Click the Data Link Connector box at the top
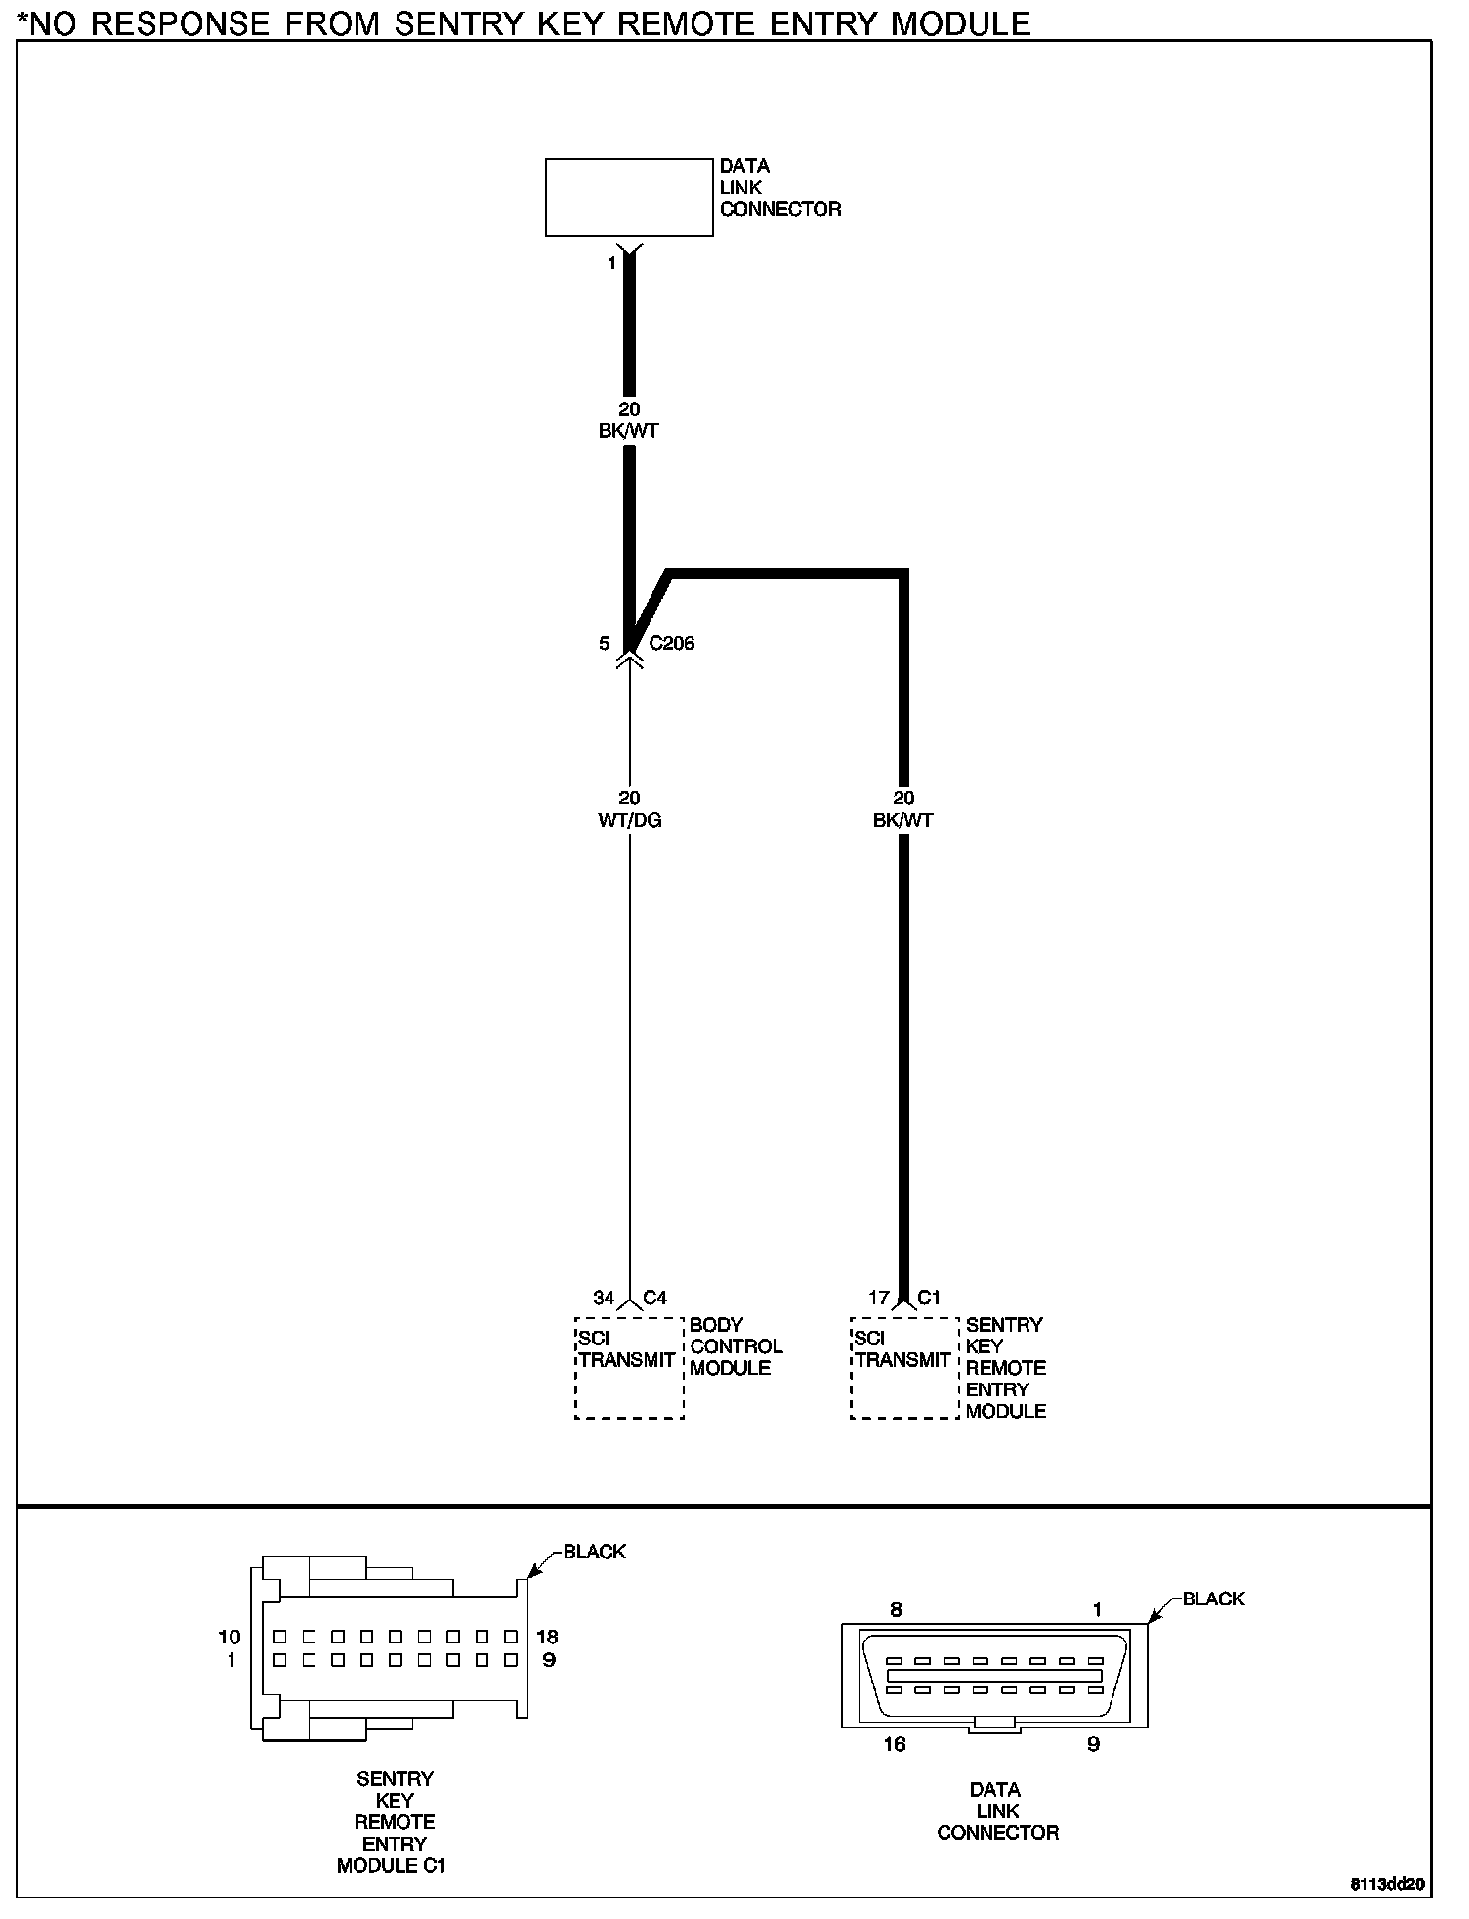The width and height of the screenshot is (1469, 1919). pos(629,197)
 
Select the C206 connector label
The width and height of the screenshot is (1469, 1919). pos(672,643)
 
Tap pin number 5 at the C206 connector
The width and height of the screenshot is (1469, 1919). pos(605,643)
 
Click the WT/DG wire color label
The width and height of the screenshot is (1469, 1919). pos(630,820)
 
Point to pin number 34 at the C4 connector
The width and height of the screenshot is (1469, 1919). pos(604,1298)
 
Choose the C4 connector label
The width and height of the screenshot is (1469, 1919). pos(655,1298)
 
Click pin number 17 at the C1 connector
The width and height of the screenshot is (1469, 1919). pos(879,1298)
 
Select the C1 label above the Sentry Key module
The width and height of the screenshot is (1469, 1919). pos(929,1298)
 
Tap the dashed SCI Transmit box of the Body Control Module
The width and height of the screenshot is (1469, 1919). pos(629,1368)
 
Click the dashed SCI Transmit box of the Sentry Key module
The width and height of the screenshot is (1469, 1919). pos(904,1368)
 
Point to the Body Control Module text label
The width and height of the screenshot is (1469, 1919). pos(735,1346)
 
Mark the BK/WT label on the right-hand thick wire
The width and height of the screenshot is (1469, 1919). pos(903,820)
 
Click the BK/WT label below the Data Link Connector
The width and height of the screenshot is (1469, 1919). pos(629,431)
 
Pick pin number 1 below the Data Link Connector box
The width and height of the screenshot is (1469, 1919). pos(612,263)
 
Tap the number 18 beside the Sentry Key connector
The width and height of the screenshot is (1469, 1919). pos(547,1637)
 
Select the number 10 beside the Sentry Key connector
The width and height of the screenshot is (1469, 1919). pos(229,1637)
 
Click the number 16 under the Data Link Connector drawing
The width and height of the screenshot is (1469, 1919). pos(895,1744)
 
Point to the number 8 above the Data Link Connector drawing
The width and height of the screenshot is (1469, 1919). pos(896,1610)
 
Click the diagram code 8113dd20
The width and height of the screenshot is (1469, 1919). pos(1388,1884)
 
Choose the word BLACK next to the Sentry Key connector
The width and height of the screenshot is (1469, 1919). pos(594,1552)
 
